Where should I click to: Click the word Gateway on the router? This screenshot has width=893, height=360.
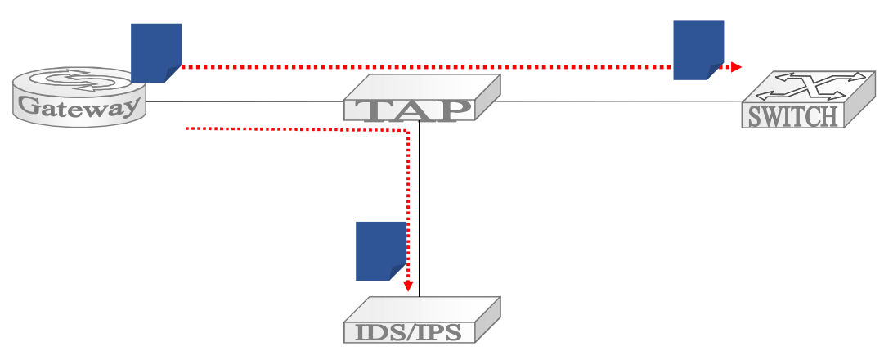tap(79, 106)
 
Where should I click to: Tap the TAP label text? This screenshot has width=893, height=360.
tap(409, 110)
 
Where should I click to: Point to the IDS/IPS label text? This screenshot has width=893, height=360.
tap(408, 332)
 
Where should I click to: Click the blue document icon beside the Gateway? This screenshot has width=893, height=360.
tap(156, 53)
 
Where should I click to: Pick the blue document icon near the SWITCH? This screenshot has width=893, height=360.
tap(698, 50)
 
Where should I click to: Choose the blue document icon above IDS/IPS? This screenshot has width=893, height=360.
tap(381, 251)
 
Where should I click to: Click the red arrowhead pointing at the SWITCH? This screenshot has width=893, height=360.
tap(736, 67)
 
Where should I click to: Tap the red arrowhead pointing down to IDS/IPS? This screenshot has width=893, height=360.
tap(408, 286)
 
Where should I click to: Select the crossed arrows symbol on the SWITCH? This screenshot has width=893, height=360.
tap(805, 86)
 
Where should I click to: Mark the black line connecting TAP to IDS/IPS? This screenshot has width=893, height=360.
tap(420, 209)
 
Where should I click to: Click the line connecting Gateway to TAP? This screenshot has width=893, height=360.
tap(245, 102)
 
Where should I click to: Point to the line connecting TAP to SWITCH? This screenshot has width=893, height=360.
tap(621, 101)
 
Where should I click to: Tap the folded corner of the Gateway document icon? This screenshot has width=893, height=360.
tap(173, 74)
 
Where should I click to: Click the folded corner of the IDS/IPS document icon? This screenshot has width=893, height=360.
tap(397, 272)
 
